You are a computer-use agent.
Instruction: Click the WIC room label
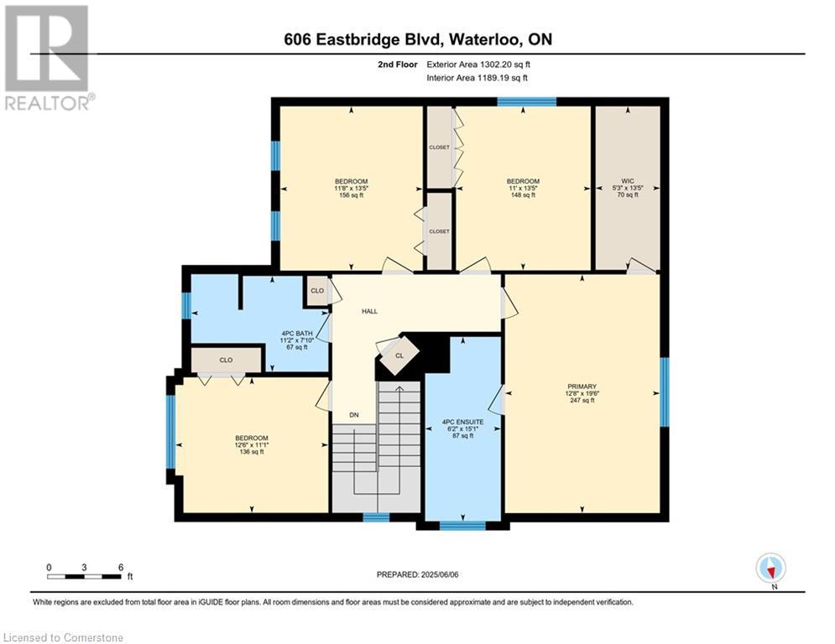point(628,181)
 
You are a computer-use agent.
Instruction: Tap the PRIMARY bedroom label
point(582,387)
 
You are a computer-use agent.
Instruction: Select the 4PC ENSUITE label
point(462,422)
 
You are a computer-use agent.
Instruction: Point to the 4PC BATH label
point(297,334)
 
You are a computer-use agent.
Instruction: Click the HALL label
point(369,311)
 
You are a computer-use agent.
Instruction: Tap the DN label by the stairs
point(354,414)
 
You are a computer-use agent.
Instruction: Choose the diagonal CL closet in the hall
point(399,355)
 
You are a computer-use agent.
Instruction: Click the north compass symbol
point(770,569)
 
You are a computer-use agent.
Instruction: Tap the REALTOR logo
point(48,58)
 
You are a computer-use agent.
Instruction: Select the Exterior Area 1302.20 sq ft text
point(478,65)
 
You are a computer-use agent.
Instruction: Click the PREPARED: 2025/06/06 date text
point(418,574)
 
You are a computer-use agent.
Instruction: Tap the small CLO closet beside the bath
point(317,291)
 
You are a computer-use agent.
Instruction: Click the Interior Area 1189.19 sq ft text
point(478,78)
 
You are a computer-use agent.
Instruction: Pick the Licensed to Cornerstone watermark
point(64,637)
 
